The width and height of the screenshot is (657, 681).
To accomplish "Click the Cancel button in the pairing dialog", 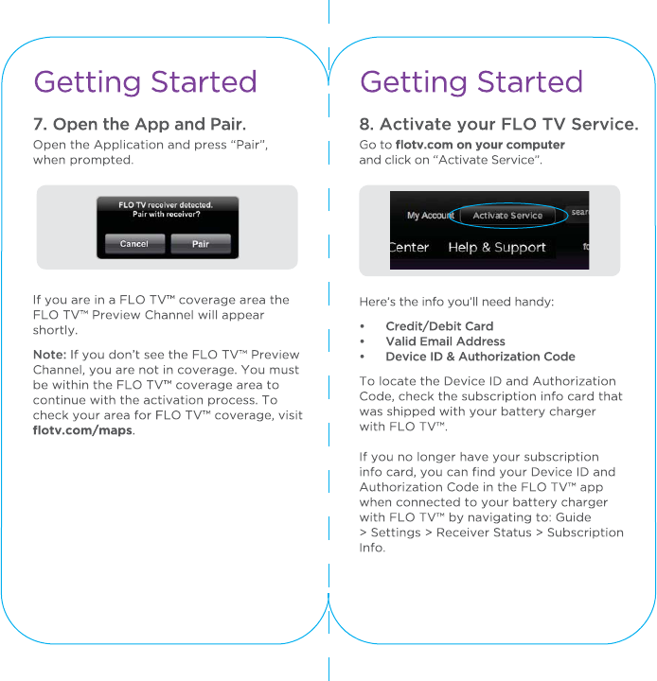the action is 133,244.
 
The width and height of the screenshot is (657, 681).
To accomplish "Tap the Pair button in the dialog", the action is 201,244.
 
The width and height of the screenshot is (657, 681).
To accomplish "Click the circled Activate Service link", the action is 507,216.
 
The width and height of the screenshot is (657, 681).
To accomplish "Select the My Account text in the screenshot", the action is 430,216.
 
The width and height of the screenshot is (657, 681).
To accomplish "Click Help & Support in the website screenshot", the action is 496,248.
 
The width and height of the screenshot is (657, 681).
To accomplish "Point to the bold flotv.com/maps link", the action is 82,431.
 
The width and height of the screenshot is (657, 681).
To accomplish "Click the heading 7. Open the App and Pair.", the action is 139,125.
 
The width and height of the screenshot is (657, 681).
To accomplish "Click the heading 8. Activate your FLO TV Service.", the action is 498,125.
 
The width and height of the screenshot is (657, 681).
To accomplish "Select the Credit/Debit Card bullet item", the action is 439,326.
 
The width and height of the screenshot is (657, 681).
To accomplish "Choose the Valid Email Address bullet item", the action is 445,341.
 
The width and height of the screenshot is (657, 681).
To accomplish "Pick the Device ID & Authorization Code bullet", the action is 480,357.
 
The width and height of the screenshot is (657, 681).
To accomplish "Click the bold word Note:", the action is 49,355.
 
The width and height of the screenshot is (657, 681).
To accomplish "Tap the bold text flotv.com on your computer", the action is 480,145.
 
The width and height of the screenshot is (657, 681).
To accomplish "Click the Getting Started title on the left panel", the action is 145,82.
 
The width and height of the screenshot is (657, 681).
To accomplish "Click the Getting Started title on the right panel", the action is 471,82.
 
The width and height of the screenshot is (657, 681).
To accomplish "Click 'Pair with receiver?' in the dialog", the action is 166,214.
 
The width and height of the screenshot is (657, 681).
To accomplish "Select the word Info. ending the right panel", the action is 372,548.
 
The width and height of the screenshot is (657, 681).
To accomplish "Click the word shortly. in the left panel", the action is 55,330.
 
